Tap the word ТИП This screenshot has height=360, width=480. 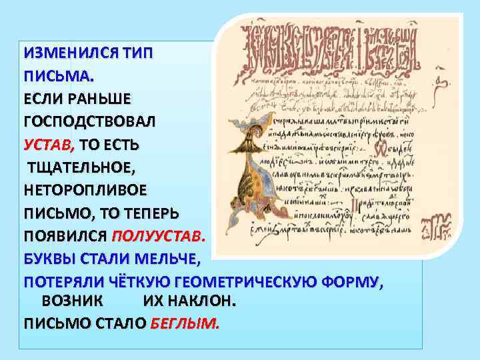pos(137,53)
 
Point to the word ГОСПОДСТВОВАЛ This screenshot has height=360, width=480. pos(89,122)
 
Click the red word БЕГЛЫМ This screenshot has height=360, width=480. pos(185,324)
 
